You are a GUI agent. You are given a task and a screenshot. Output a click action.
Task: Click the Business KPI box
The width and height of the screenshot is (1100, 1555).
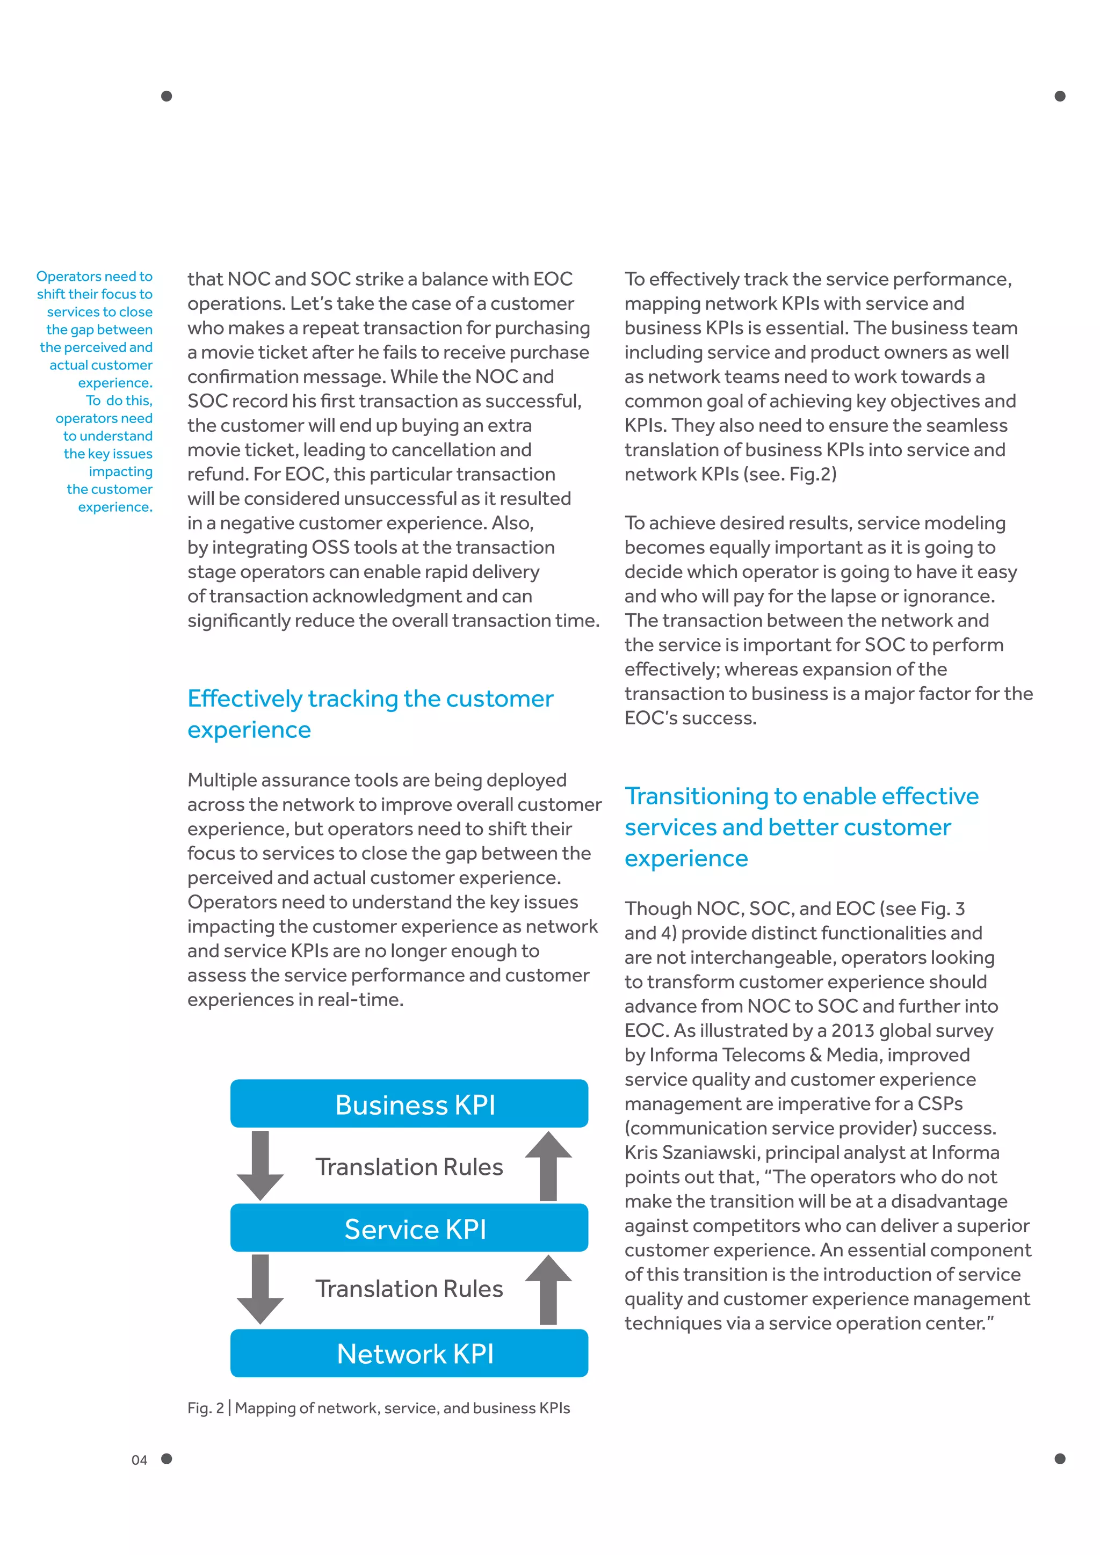tap(409, 1104)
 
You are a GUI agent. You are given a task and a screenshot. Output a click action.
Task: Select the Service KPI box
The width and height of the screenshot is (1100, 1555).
tap(409, 1228)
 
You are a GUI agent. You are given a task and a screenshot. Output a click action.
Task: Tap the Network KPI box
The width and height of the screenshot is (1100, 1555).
tap(409, 1353)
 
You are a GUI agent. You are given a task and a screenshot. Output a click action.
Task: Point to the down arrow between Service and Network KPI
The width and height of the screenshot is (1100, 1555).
tap(260, 1289)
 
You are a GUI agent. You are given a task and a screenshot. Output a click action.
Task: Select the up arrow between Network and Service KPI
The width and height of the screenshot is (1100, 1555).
tap(548, 1289)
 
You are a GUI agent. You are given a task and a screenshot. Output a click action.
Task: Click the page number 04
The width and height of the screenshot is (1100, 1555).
tap(139, 1460)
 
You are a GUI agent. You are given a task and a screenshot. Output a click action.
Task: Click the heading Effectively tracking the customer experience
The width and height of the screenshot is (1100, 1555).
tap(370, 713)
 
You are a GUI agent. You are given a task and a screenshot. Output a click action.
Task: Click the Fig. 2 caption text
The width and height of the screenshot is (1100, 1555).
tap(379, 1408)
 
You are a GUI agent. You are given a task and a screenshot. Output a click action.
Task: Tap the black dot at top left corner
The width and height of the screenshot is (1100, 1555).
tap(167, 96)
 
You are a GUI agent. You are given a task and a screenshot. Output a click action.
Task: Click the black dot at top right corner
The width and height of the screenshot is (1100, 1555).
tap(1060, 96)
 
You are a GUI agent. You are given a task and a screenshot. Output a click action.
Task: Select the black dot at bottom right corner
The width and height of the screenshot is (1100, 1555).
tap(1060, 1458)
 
